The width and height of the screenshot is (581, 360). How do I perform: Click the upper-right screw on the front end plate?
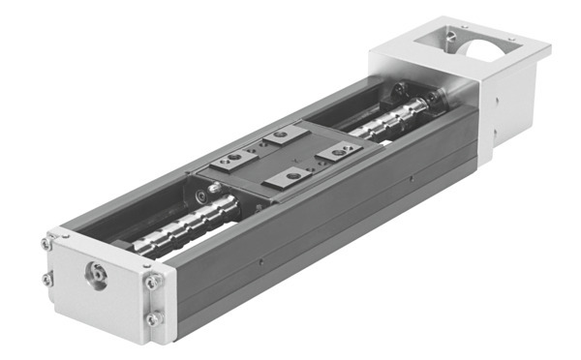[152, 282]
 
